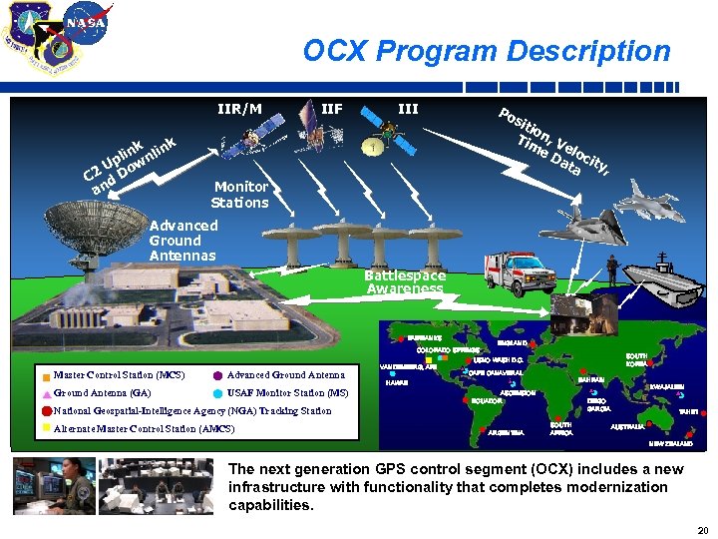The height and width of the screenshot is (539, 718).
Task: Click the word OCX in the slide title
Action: tap(334, 51)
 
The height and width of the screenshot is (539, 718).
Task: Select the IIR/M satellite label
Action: tap(240, 109)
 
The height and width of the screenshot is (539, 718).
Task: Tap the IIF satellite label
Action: tap(331, 109)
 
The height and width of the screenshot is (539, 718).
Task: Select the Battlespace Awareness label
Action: tap(404, 281)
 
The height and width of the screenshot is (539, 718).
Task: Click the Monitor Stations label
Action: tap(240, 195)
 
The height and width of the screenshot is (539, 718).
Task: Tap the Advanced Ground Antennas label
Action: tap(182, 241)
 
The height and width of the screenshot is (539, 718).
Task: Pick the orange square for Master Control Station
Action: tap(45, 376)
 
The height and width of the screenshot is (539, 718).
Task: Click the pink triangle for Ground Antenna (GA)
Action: tap(45, 394)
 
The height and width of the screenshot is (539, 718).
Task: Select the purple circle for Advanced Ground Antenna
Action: tap(217, 376)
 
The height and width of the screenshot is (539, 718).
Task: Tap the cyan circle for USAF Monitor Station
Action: tap(217, 394)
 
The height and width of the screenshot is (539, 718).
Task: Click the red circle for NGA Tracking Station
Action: tap(45, 411)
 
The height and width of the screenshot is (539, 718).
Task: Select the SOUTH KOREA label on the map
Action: tap(636, 359)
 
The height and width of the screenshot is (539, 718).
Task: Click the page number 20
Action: tap(702, 530)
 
